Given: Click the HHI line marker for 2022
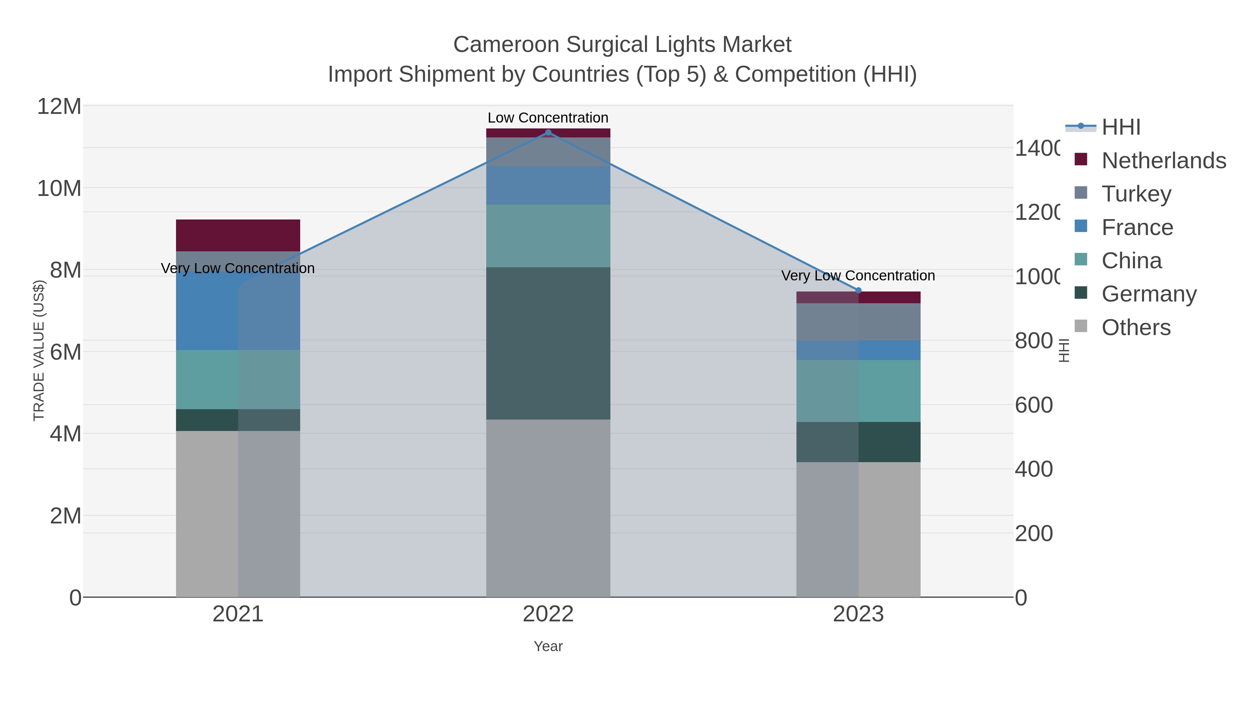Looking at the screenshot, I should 548,132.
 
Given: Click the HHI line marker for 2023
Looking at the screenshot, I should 858,291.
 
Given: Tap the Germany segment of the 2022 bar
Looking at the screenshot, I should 548,343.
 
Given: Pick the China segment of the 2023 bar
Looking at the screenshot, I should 858,391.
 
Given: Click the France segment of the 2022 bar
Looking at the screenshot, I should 548,185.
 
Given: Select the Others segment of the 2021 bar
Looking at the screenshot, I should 238,514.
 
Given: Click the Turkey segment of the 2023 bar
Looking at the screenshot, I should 858,322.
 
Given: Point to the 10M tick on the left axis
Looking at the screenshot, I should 59,188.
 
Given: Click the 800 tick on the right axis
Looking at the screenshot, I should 1033,341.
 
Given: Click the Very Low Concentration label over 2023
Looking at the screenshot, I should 858,276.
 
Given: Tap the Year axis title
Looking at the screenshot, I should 548,646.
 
